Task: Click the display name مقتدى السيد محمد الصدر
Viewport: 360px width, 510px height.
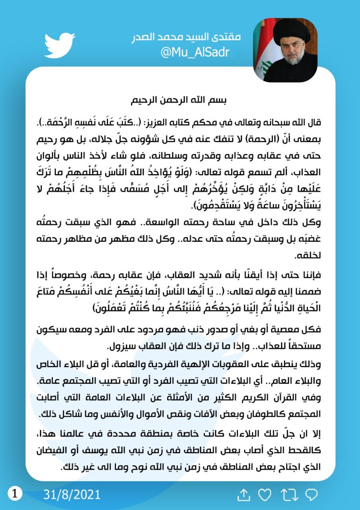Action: (x=186, y=37)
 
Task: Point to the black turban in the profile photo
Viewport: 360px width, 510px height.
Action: (x=292, y=32)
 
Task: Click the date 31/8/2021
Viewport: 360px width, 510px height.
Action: (x=72, y=494)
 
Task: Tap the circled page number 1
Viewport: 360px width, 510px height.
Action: (x=15, y=494)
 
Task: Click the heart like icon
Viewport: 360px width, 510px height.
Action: (x=264, y=495)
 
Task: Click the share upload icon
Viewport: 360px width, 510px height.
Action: (x=243, y=495)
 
